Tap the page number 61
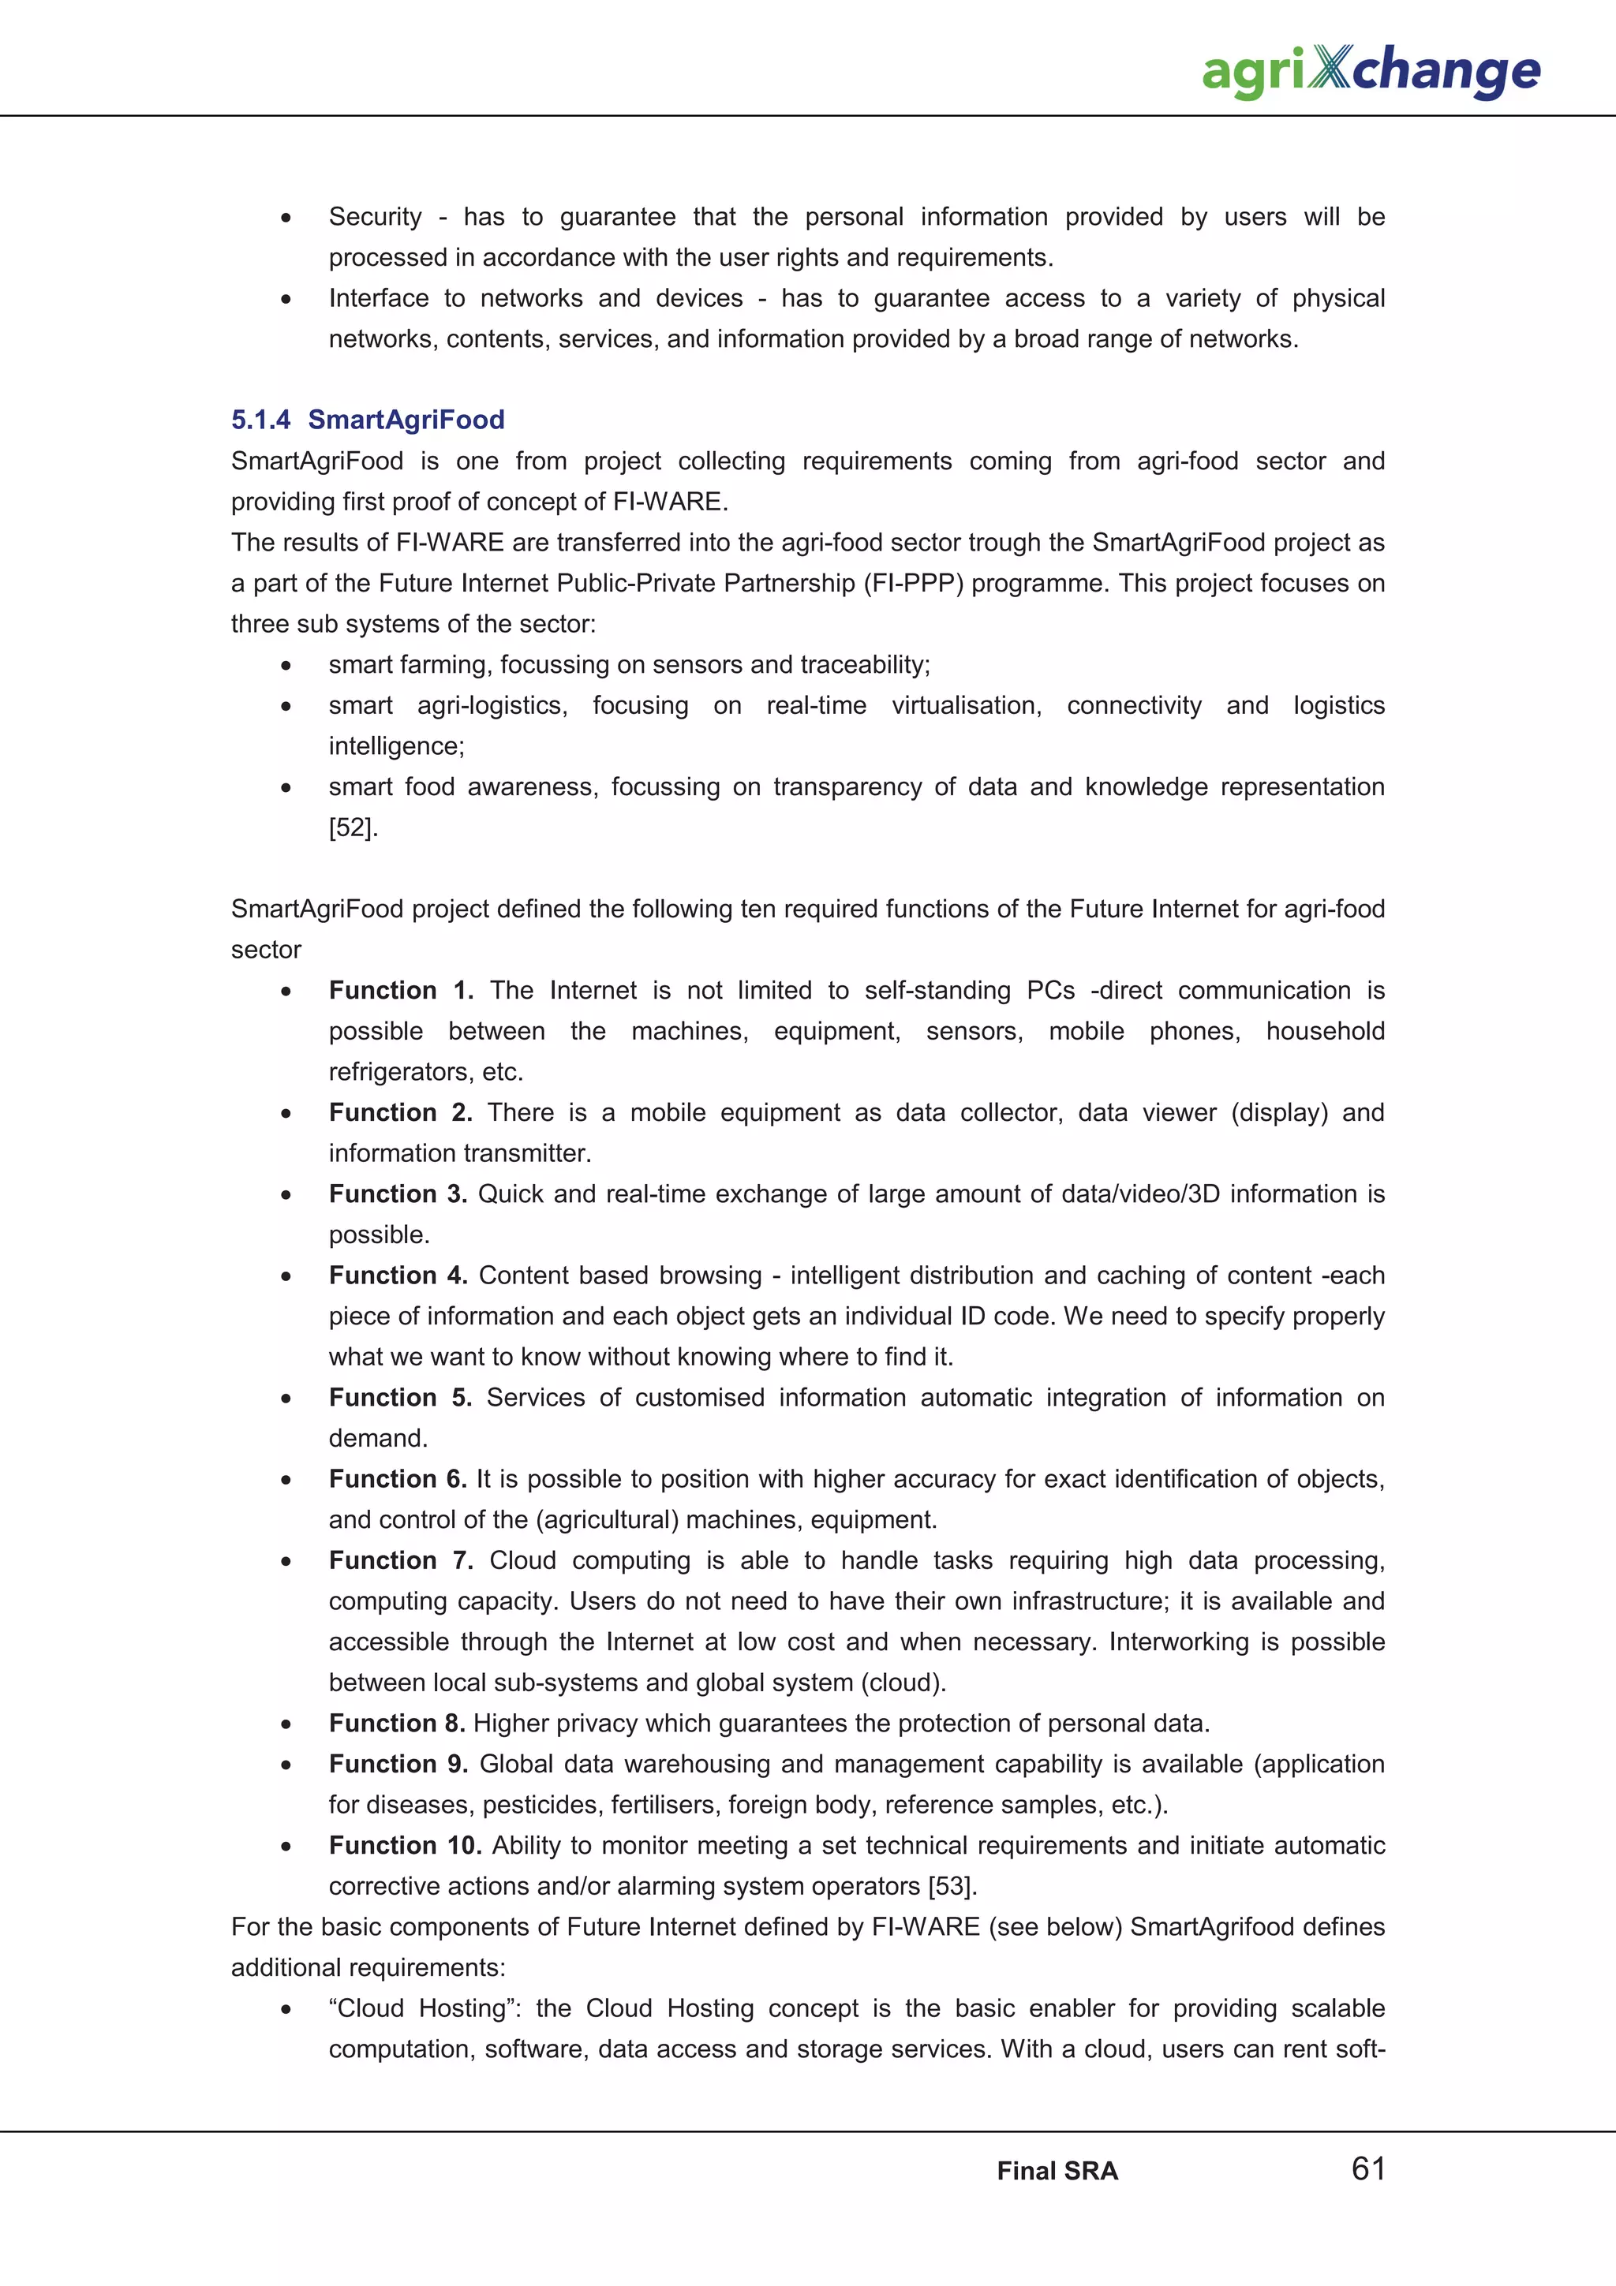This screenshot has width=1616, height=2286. tap(1368, 2168)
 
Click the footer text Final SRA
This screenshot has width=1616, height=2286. tap(1057, 2171)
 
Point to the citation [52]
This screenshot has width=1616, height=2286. tap(353, 827)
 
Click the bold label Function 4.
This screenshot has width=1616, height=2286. tap(397, 1276)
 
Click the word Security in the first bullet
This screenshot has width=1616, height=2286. tap(376, 217)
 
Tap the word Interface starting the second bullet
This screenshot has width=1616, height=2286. tap(379, 299)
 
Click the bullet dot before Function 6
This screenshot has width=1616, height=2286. tap(286, 1481)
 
